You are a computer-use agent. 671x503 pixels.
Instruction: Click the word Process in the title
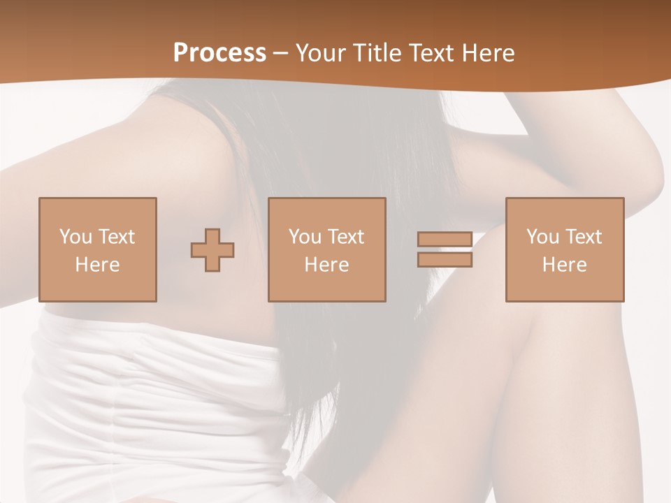click(219, 53)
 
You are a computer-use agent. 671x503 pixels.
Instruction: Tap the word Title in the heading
click(375, 53)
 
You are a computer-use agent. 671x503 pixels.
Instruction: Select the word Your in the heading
click(322, 53)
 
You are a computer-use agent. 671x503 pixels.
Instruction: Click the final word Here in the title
click(489, 53)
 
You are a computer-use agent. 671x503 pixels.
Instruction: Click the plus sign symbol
click(212, 250)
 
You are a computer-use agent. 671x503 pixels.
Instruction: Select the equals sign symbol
click(445, 250)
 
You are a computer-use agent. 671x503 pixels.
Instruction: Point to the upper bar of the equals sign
click(445, 240)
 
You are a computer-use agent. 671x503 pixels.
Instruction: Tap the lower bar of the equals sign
click(445, 260)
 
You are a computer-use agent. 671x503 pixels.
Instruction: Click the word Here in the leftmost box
click(97, 265)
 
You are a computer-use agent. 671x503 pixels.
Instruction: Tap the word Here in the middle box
click(326, 265)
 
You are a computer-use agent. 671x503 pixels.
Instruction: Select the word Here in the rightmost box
click(564, 265)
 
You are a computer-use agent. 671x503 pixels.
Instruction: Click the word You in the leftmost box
click(75, 237)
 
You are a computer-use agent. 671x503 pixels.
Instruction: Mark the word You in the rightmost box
click(542, 237)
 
